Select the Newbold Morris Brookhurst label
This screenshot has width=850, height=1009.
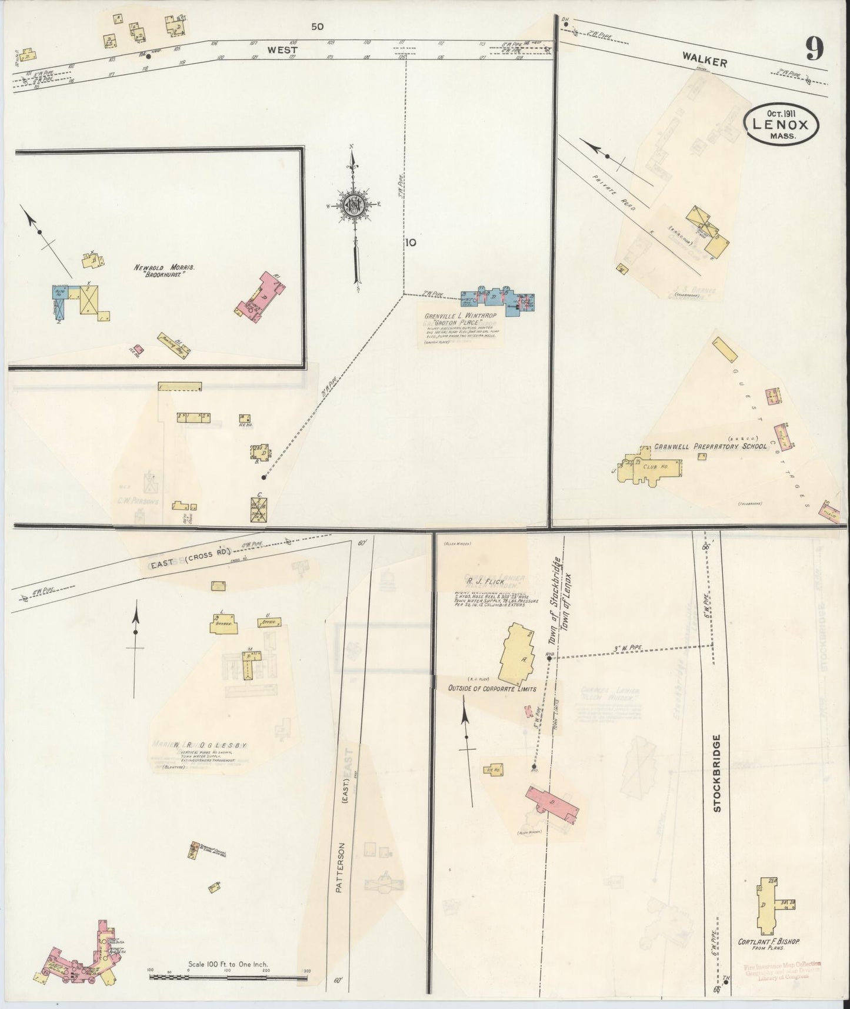pos(164,271)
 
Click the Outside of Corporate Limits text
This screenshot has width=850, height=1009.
pos(492,688)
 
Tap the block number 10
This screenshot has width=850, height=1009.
pos(410,242)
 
